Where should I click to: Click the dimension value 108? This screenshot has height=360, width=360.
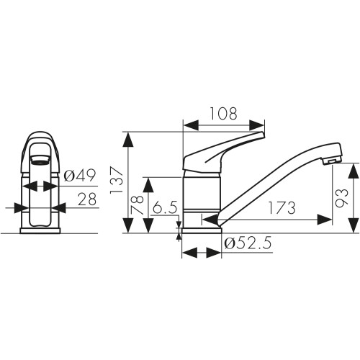(x=223, y=114)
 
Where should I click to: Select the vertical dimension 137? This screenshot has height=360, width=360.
(x=117, y=179)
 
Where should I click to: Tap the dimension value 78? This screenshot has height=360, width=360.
(x=138, y=205)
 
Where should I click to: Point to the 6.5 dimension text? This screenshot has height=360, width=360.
(x=165, y=207)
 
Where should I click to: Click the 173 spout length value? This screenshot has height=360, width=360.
(x=282, y=208)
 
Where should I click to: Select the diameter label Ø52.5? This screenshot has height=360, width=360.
(x=248, y=243)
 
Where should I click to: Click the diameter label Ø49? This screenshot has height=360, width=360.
(x=80, y=175)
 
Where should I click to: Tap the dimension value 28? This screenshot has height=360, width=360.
(x=87, y=199)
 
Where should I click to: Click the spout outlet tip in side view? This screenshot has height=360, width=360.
(x=332, y=161)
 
